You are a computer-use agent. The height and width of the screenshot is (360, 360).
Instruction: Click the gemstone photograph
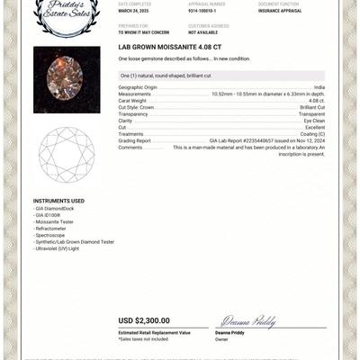[x=66, y=79]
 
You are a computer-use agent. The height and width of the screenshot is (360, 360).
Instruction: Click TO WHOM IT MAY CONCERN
[x=143, y=32]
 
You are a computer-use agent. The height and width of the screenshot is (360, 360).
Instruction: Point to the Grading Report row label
[x=135, y=140]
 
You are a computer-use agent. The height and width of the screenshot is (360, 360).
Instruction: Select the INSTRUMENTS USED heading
[x=58, y=201]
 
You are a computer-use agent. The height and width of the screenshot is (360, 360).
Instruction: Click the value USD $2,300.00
[x=144, y=320]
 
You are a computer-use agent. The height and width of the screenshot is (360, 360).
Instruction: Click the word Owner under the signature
[x=221, y=339]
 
